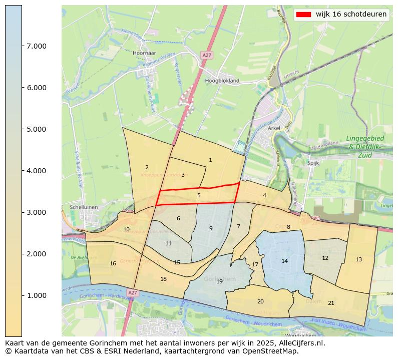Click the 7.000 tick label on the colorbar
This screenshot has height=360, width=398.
(x=37, y=46)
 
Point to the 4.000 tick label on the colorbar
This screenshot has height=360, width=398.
(x=37, y=171)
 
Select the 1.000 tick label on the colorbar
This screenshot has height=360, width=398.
(x=37, y=295)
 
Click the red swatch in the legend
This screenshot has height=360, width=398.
(x=303, y=15)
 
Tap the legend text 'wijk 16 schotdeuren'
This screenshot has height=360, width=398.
(x=351, y=15)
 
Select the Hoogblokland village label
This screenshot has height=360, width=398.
(x=222, y=80)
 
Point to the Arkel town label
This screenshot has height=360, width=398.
(x=274, y=128)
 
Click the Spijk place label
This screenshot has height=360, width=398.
(x=313, y=163)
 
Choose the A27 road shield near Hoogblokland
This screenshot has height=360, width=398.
(x=207, y=55)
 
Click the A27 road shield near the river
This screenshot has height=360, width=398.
(x=132, y=292)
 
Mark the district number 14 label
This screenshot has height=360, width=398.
(x=284, y=261)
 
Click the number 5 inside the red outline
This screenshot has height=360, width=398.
(x=199, y=195)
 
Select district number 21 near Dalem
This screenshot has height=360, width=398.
(x=331, y=303)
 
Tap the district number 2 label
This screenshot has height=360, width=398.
(x=147, y=167)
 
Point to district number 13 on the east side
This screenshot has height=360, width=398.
(x=358, y=259)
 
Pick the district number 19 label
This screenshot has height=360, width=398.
(x=219, y=281)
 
